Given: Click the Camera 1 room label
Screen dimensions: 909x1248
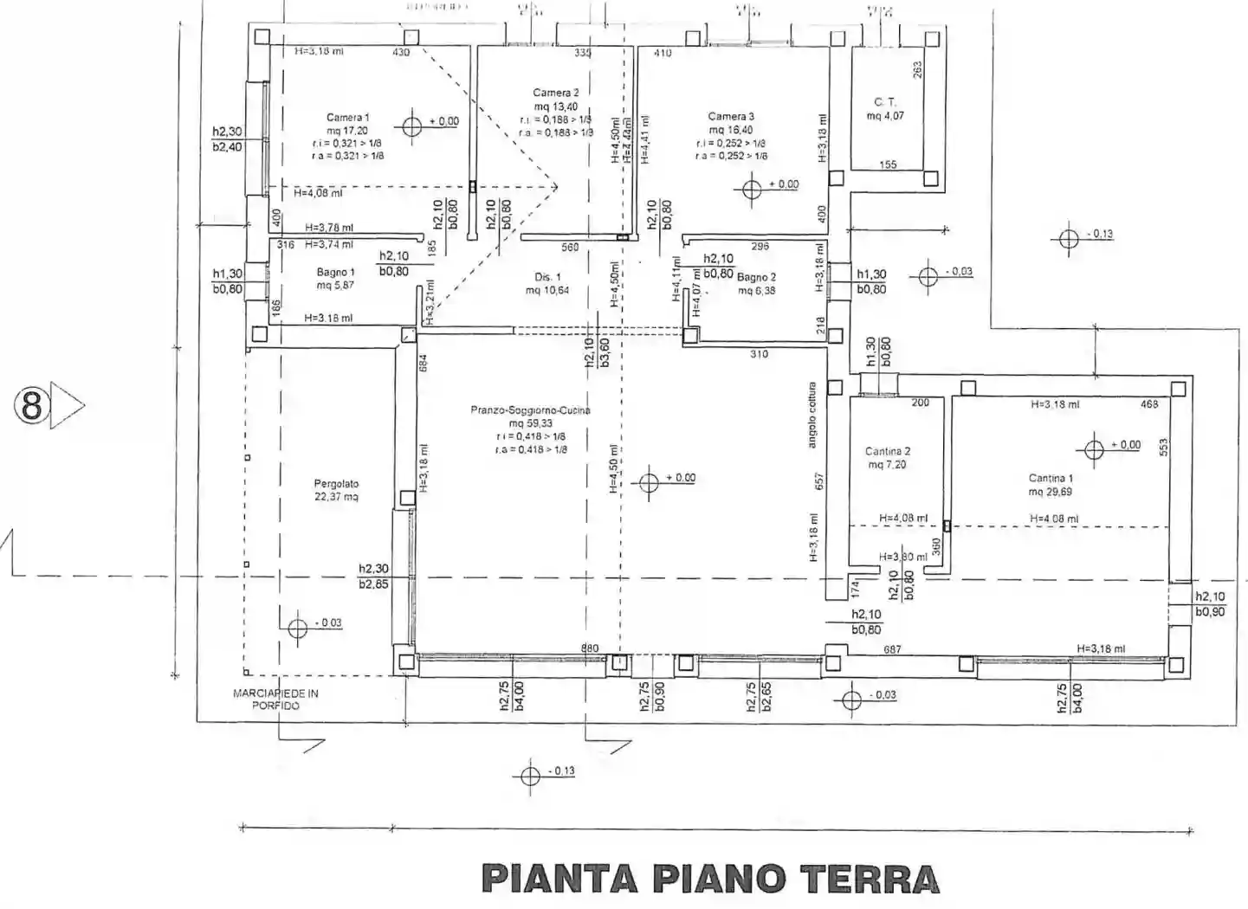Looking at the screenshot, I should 347,118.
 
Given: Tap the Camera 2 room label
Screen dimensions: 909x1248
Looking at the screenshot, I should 555,93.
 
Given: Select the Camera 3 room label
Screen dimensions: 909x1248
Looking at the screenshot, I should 731,116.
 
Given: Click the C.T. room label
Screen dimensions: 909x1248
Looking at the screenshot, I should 884,102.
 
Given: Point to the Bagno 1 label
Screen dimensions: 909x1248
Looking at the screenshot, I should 335,272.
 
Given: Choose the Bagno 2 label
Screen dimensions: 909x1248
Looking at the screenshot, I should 756,277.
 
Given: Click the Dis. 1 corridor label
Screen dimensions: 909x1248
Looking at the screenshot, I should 547,277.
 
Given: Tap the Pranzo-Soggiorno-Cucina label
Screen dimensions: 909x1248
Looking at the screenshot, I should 530,410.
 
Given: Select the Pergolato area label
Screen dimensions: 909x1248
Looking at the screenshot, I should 336,484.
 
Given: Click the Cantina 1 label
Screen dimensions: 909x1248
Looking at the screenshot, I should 1051,478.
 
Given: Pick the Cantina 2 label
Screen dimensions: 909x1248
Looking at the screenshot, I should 888,451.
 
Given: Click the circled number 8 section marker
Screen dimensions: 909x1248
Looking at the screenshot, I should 32,404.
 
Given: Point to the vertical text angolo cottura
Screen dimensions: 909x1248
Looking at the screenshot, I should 812,415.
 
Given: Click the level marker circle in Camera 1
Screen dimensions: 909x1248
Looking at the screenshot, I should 412,122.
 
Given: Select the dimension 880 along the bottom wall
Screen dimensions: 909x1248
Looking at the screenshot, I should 589,648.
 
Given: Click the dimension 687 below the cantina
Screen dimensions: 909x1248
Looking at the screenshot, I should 892,649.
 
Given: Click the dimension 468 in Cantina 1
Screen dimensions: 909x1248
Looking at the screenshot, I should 1149,404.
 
